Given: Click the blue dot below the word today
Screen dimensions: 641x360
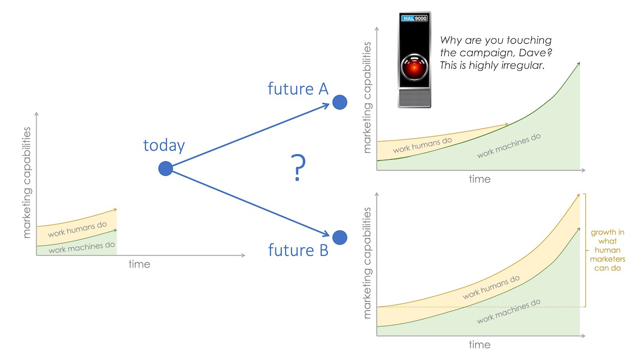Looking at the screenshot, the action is [x=166, y=169].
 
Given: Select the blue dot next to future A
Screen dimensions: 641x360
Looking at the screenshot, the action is [x=340, y=102].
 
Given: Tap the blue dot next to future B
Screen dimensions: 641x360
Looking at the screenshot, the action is [x=340, y=238].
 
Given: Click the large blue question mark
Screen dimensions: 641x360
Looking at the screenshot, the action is [x=298, y=168].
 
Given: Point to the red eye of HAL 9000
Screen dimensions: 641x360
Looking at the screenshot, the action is [x=414, y=67].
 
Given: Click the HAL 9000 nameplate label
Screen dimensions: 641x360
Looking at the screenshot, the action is [x=414, y=18].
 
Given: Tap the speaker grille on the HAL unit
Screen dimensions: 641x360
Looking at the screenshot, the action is [x=415, y=98].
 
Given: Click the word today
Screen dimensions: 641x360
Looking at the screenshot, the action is [x=164, y=145].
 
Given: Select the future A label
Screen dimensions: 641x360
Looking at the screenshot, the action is [x=298, y=89].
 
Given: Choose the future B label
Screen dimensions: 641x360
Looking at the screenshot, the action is [x=298, y=250].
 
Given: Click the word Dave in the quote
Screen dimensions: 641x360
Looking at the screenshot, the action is [x=531, y=53].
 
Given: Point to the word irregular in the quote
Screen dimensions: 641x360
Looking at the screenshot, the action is [x=520, y=66].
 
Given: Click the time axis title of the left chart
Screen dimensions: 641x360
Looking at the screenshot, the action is [x=139, y=264].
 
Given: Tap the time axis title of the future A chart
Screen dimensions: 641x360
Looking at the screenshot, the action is [x=480, y=179].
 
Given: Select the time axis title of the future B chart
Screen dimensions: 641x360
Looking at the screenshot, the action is [x=480, y=345].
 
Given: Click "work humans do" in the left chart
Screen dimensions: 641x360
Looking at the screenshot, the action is [x=77, y=229].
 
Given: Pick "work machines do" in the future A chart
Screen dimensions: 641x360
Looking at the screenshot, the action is [x=509, y=145].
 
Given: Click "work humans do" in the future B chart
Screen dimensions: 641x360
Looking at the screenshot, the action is [x=491, y=287].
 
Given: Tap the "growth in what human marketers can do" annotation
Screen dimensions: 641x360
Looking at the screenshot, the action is [x=607, y=250].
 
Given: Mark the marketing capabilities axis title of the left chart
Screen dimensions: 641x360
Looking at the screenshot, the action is [x=27, y=183].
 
